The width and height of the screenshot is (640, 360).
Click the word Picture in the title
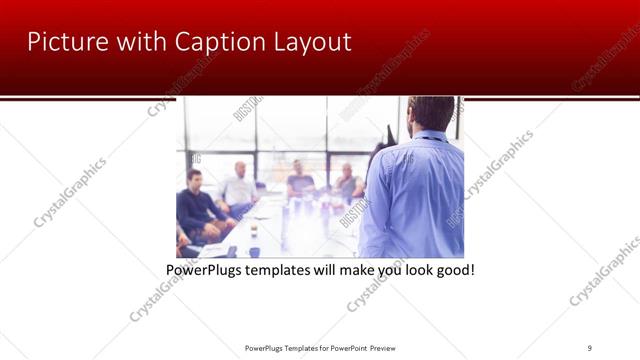click(x=62, y=42)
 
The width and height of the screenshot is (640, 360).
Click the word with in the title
click(x=136, y=42)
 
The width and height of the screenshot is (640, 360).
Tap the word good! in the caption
click(x=453, y=270)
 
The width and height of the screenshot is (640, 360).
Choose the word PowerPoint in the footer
click(x=346, y=348)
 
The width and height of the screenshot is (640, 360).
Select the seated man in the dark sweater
click(x=197, y=205)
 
